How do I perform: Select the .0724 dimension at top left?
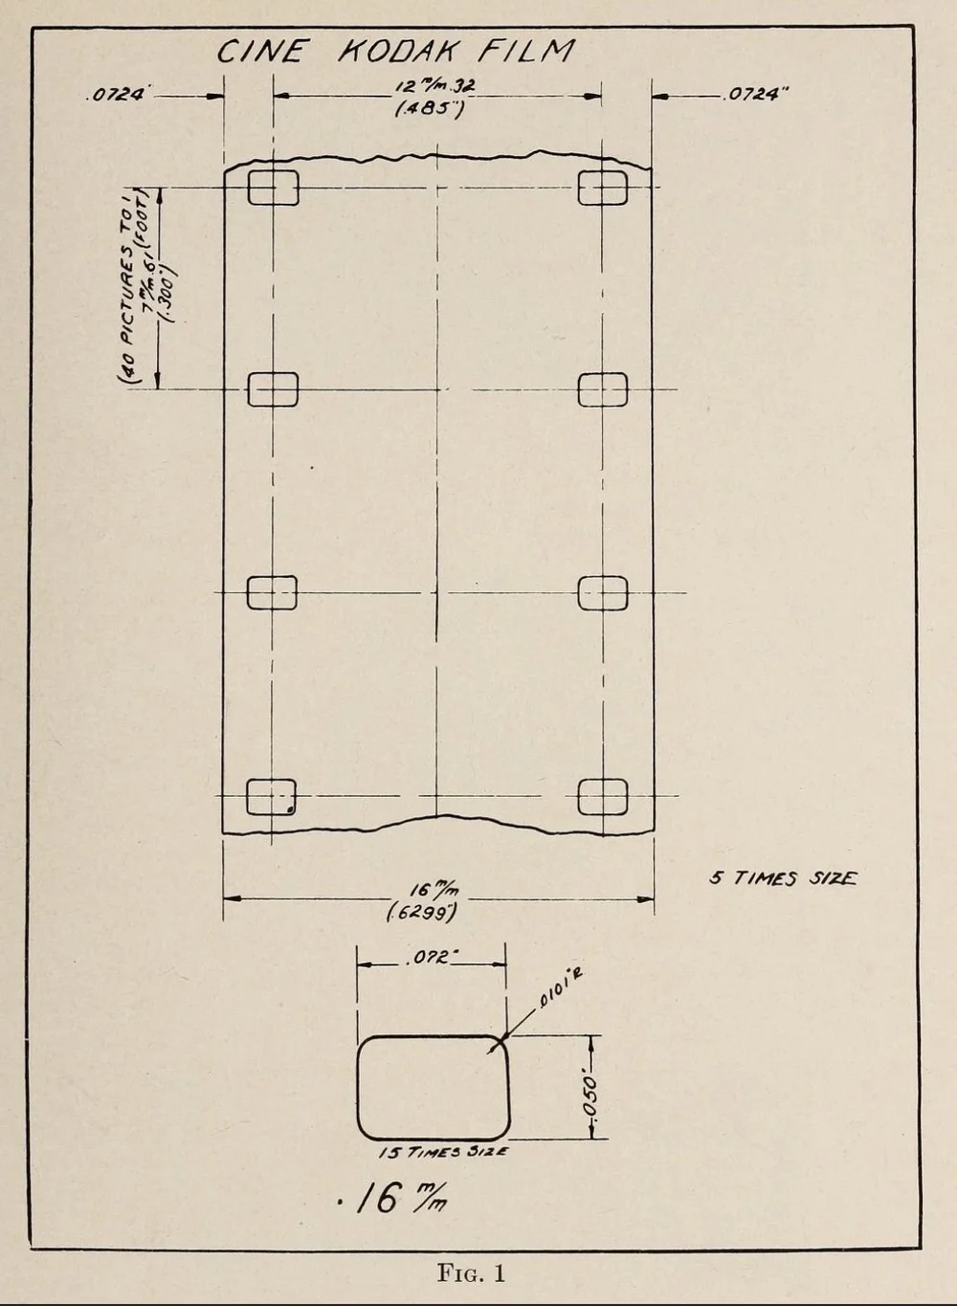[x=117, y=95]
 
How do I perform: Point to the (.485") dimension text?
[x=430, y=109]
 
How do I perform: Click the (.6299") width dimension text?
[x=422, y=912]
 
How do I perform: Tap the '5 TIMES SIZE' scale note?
[x=783, y=878]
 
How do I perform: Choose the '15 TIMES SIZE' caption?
[x=443, y=1152]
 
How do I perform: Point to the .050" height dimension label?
[x=591, y=1095]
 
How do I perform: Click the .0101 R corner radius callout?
[x=562, y=987]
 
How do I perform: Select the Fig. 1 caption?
[x=471, y=1273]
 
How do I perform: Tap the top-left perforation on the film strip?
[x=273, y=187]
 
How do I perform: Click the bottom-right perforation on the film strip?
[x=603, y=796]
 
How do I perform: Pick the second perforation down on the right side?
[x=603, y=389]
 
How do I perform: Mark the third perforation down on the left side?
[x=272, y=593]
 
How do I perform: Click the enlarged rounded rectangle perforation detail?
[x=433, y=1088]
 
